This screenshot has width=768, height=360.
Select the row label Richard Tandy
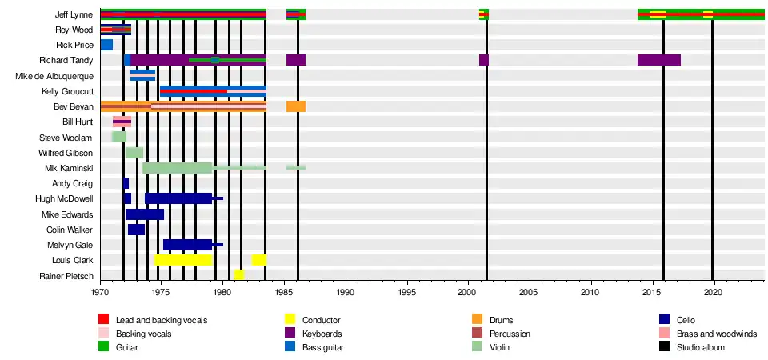66,60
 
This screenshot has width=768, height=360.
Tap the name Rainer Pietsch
66,275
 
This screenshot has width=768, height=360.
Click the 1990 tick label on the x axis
346,293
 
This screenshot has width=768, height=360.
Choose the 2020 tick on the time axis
713,293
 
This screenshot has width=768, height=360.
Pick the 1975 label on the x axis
162,293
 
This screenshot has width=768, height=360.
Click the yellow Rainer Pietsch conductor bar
238,275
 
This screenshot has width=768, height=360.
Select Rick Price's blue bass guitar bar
106,45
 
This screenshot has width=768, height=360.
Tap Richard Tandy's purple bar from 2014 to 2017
658,60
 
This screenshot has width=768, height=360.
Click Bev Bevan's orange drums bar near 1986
296,106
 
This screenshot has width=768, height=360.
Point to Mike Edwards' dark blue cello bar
145,214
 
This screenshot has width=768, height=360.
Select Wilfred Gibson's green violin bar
134,153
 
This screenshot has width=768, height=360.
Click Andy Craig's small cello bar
126,183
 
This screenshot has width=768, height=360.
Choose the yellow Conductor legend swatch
291,320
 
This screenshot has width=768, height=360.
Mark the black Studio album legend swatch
664,347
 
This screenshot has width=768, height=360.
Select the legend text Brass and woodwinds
716,334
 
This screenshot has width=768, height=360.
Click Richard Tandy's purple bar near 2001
483,60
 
